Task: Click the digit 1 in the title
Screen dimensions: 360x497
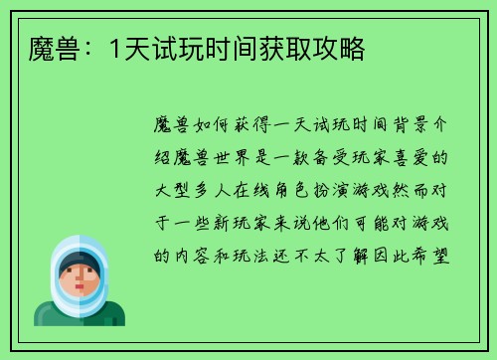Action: coord(116,48)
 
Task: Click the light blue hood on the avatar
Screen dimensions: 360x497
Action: coord(79,248)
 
